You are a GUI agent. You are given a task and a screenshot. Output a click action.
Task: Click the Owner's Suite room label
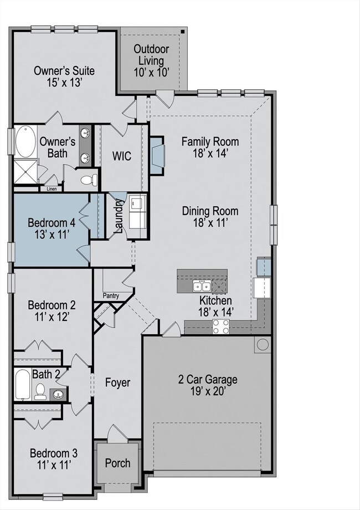[x=64, y=76]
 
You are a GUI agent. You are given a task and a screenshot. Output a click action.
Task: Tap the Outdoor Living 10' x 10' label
[x=151, y=61]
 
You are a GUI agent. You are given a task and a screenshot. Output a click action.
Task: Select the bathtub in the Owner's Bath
[x=25, y=141]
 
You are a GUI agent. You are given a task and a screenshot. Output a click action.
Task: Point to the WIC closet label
[x=122, y=156]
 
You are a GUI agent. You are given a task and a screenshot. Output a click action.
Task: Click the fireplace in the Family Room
[x=157, y=155]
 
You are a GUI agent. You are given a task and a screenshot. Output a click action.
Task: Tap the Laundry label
[x=119, y=216]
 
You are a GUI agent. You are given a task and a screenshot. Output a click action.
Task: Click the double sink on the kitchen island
[x=202, y=286]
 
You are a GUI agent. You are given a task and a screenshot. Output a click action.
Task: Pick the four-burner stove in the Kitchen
[x=221, y=327]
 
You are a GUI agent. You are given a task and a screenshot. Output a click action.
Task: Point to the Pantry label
[x=111, y=296]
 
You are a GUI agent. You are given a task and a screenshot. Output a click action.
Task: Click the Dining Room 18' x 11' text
[x=210, y=217]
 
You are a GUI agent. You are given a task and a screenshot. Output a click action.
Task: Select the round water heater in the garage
[x=263, y=344]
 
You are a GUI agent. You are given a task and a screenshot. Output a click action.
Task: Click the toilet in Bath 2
[x=40, y=391]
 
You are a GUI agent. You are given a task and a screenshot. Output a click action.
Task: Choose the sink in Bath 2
[x=59, y=395]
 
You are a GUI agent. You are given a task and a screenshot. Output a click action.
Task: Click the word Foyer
[x=117, y=382]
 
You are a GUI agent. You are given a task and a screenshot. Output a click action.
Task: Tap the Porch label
[x=117, y=463]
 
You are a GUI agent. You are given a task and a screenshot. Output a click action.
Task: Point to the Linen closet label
[x=52, y=188]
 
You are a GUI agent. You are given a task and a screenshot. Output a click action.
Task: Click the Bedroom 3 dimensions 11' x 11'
[x=54, y=465]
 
